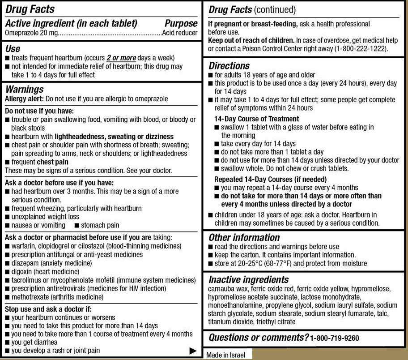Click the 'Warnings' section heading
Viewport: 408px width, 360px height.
[x=24, y=90]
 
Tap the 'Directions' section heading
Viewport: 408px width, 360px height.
[x=229, y=66]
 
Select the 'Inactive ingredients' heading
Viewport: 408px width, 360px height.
[x=249, y=280]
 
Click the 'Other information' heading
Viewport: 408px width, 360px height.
[x=244, y=237]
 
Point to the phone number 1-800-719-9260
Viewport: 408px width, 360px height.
[x=335, y=338]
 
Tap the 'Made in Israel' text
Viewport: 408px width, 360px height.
[x=225, y=355]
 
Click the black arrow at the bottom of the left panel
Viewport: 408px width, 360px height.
[x=193, y=351]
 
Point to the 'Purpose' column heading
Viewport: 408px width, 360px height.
[x=181, y=23]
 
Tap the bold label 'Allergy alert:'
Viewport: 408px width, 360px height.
[x=24, y=99]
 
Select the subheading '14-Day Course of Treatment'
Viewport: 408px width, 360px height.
[x=256, y=119]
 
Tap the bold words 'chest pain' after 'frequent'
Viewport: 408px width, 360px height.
[x=52, y=162]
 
